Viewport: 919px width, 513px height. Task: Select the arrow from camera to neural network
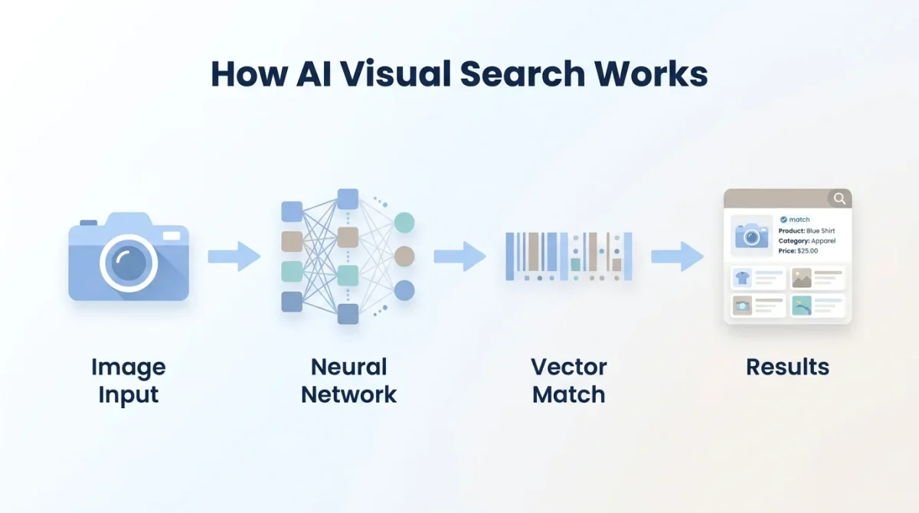[x=234, y=256]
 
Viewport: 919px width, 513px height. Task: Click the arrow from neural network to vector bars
[x=459, y=256]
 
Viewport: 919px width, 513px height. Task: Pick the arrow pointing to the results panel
[x=677, y=256]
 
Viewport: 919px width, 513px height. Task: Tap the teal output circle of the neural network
[x=404, y=223]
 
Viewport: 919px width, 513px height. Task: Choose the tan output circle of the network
[x=404, y=256]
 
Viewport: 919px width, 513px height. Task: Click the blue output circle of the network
[x=404, y=290]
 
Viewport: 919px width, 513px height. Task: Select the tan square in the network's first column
[x=292, y=241]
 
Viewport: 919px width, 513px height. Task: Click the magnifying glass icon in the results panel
[x=839, y=199]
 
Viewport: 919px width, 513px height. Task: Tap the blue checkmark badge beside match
[x=783, y=219]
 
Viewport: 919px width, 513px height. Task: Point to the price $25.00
[x=807, y=250]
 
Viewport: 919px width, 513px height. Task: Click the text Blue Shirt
[x=820, y=230]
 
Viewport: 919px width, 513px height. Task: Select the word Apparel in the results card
[x=823, y=240]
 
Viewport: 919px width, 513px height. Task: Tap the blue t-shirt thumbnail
[x=741, y=277]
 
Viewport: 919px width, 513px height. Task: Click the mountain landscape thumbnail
[x=801, y=277]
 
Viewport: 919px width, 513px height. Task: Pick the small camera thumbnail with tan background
[x=741, y=306]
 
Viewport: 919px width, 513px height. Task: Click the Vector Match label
[x=568, y=381]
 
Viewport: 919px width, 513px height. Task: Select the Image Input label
[x=128, y=381]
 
